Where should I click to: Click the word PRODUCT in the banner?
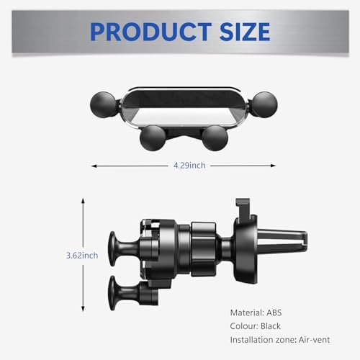pyautogui.click(x=150, y=32)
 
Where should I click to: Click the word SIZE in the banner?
pyautogui.click(x=245, y=32)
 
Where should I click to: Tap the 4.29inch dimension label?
pyautogui.click(x=189, y=166)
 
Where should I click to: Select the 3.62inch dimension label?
pyautogui.click(x=82, y=256)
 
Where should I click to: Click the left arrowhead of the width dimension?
pyautogui.click(x=94, y=166)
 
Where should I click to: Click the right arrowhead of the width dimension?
pyautogui.click(x=273, y=166)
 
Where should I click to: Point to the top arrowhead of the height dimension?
pyautogui.click(x=83, y=200)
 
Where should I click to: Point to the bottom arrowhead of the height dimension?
pyautogui.click(x=83, y=309)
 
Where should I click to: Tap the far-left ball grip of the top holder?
pyautogui.click(x=103, y=104)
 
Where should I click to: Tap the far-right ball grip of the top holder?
pyautogui.click(x=265, y=104)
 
